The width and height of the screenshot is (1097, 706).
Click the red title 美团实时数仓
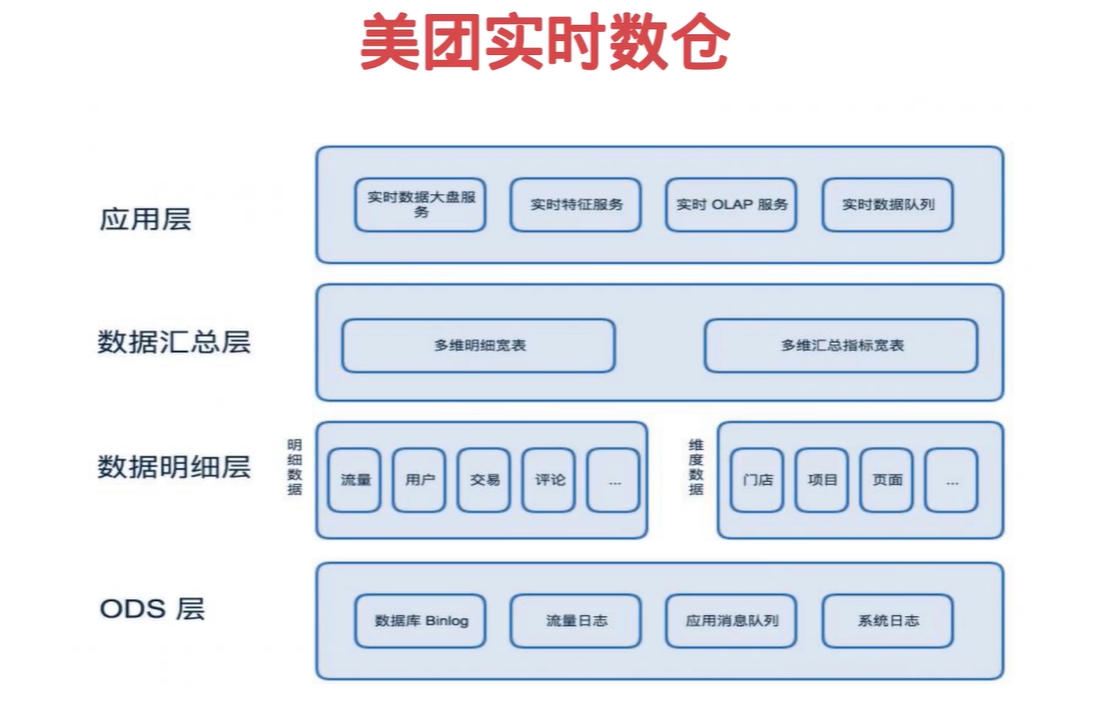545,42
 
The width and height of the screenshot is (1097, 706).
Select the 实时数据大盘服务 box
420,205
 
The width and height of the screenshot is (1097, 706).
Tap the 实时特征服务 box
576,205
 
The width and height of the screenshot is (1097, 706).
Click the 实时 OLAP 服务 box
731,205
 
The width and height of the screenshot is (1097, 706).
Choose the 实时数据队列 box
888,205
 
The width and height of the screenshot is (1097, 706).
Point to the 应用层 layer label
146,219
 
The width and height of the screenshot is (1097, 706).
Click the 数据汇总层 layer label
174,342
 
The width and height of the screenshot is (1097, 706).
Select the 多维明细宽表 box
479,346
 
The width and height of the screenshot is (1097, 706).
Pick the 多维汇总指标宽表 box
842,346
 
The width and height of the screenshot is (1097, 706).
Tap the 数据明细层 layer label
174,467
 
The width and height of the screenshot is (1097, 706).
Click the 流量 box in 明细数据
355,480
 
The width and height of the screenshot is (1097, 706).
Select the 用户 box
419,480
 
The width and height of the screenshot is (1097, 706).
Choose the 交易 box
484,480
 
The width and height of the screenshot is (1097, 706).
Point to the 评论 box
549,480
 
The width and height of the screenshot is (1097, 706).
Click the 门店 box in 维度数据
757,480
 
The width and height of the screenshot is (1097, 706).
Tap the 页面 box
886,480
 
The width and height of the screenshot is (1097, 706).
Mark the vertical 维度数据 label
696,467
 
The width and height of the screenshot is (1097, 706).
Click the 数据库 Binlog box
420,621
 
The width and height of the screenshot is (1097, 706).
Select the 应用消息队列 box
731,621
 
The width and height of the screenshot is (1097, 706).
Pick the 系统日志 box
888,621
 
